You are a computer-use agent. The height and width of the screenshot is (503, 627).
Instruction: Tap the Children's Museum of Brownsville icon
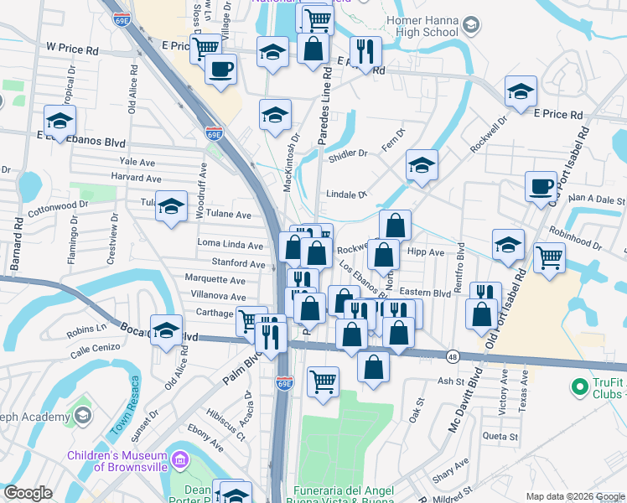(x=181, y=459)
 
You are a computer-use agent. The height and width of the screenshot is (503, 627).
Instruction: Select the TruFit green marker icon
(x=578, y=386)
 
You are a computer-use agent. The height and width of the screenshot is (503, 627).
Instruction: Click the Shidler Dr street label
(x=348, y=153)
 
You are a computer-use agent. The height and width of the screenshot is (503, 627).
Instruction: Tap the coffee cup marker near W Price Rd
(x=221, y=69)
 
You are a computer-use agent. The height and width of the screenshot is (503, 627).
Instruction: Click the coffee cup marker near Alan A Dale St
(x=541, y=186)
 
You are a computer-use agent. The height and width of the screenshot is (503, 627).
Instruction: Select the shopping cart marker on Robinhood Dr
(x=549, y=257)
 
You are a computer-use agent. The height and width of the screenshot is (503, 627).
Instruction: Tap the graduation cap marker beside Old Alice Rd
(x=166, y=329)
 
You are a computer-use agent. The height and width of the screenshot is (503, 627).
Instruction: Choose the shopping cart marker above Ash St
(x=323, y=381)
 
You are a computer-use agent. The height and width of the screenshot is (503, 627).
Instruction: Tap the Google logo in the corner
(x=28, y=493)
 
